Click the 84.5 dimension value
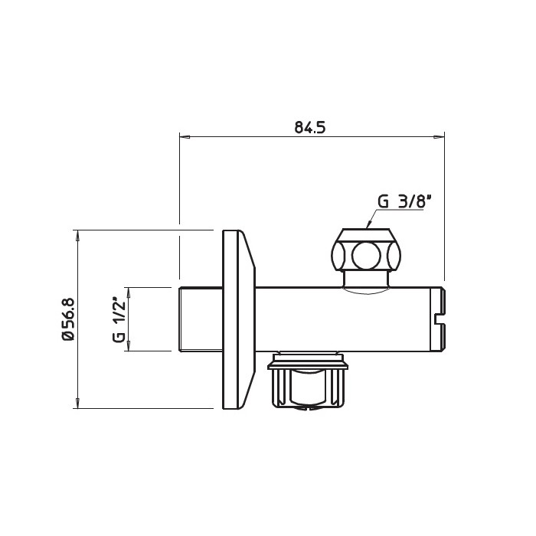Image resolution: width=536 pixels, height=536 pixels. [x=310, y=127]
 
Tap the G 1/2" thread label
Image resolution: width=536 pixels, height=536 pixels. [x=118, y=319]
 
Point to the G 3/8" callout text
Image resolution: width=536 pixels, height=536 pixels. [x=405, y=201]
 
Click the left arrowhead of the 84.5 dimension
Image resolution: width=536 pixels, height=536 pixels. [x=184, y=138]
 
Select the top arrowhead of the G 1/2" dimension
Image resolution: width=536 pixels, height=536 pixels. [x=128, y=292]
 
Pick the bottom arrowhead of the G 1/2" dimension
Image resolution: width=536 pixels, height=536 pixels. [x=128, y=346]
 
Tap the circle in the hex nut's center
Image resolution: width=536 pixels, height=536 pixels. [x=365, y=254]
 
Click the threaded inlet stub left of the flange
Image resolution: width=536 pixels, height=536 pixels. [x=199, y=319]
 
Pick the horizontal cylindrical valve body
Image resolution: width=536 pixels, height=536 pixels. [x=345, y=319]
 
